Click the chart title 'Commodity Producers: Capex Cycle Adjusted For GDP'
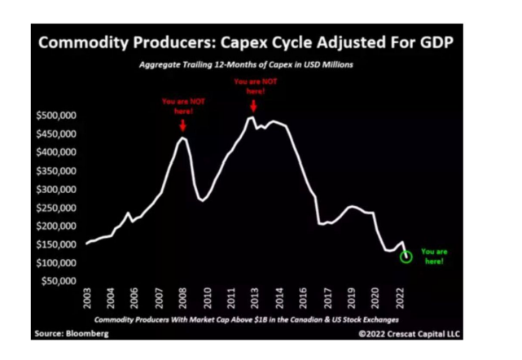point(244,42)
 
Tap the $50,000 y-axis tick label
point(57,281)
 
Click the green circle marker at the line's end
point(406,257)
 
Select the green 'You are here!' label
point(433,257)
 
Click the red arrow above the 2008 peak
point(182,125)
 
